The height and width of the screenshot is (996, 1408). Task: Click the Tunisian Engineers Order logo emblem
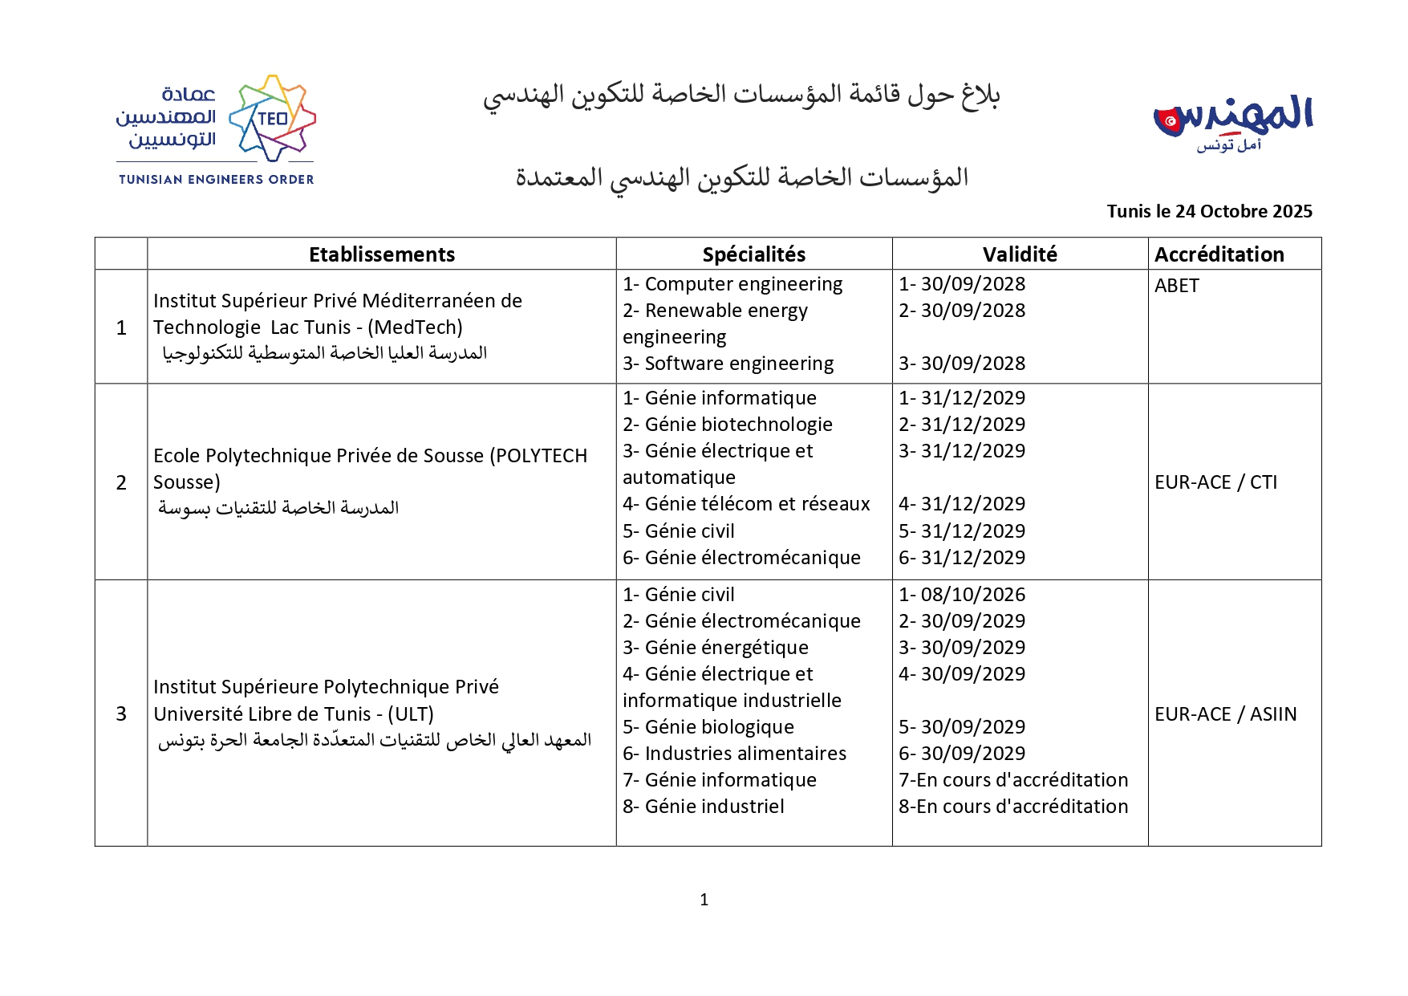click(x=272, y=118)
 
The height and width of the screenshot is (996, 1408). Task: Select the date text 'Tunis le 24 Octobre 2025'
click(x=1209, y=211)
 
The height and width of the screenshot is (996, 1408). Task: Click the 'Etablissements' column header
click(x=382, y=254)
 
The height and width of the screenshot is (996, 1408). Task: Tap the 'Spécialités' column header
click(x=753, y=254)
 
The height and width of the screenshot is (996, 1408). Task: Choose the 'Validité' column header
click(x=1020, y=254)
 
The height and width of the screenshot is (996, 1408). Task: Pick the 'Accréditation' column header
click(x=1219, y=254)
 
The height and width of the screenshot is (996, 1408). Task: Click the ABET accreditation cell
click(x=1176, y=286)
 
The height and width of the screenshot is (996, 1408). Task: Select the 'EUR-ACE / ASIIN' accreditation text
click(x=1225, y=713)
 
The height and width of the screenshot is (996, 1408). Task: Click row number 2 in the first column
click(x=121, y=482)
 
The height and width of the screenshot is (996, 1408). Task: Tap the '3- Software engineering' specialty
click(x=728, y=364)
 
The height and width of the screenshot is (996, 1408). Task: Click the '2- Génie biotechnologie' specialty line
click(x=728, y=425)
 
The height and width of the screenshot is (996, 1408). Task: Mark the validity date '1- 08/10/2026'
click(x=962, y=595)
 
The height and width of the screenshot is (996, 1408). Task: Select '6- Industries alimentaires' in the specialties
click(x=734, y=754)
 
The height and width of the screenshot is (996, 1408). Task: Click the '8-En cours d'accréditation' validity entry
click(x=1013, y=807)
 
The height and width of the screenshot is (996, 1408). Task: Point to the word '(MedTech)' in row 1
click(x=415, y=327)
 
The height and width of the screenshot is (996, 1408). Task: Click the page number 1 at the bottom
click(x=704, y=900)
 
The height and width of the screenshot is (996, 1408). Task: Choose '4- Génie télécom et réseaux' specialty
click(x=746, y=504)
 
